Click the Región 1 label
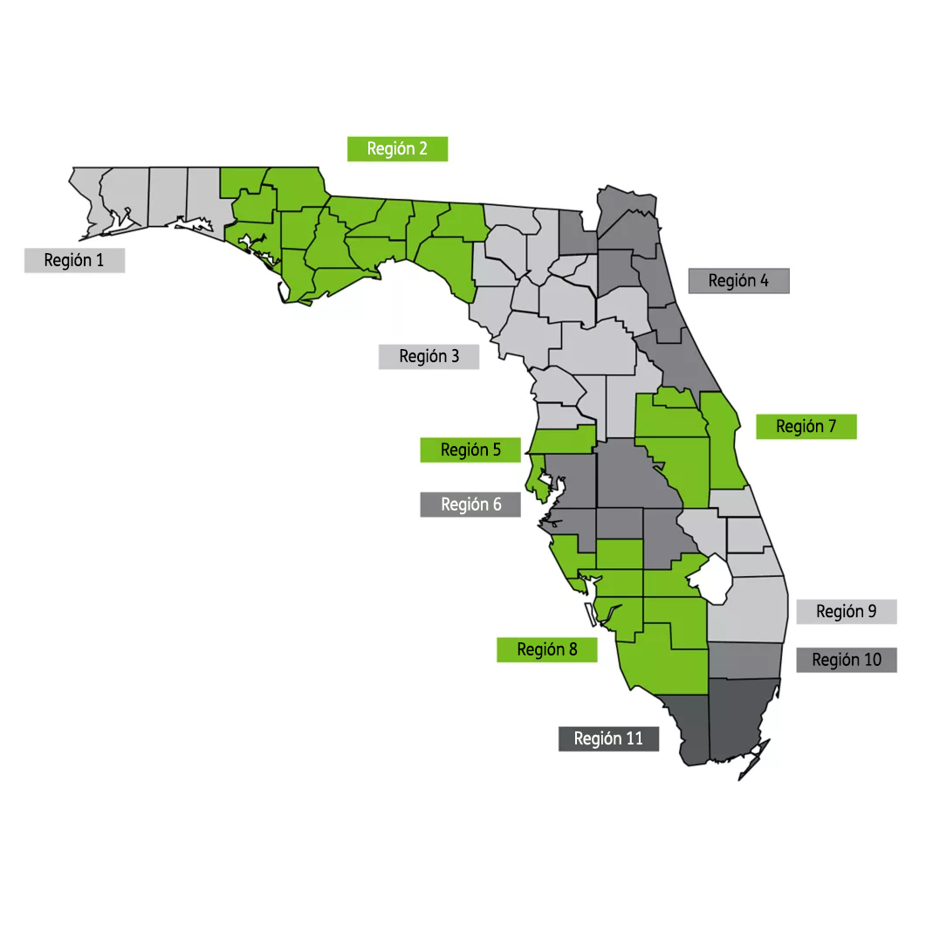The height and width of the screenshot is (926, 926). coord(74,260)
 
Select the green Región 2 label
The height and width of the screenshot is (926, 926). coord(397,148)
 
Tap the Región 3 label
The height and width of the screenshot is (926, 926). coord(429,356)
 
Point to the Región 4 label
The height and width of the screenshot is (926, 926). coord(738,280)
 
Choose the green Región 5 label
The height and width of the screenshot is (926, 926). coord(470,449)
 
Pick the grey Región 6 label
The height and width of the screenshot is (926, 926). coord(470,504)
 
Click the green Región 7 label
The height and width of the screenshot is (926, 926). coord(806,426)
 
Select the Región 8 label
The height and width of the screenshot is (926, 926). coord(546,648)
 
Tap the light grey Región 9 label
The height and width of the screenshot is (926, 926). coord(846,611)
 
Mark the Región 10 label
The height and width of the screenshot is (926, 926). coord(846,660)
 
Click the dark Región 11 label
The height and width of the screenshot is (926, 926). coord(608,738)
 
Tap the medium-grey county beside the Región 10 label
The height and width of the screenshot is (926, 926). coord(744,662)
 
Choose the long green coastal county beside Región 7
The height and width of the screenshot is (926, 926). coord(723,436)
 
